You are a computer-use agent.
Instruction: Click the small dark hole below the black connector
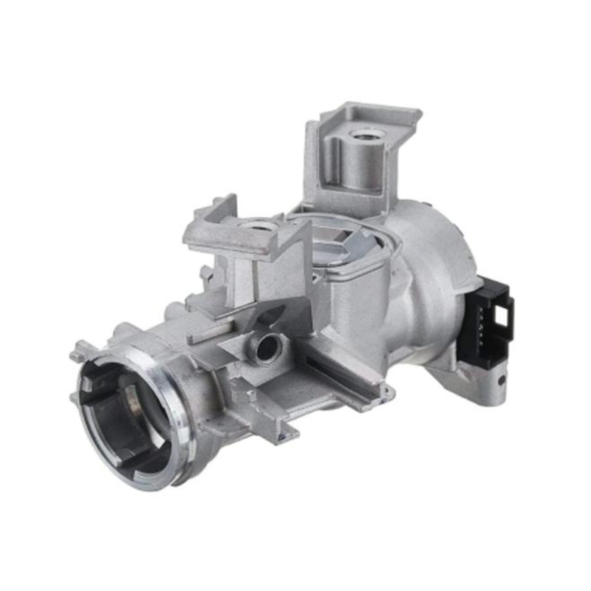point(502,381)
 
